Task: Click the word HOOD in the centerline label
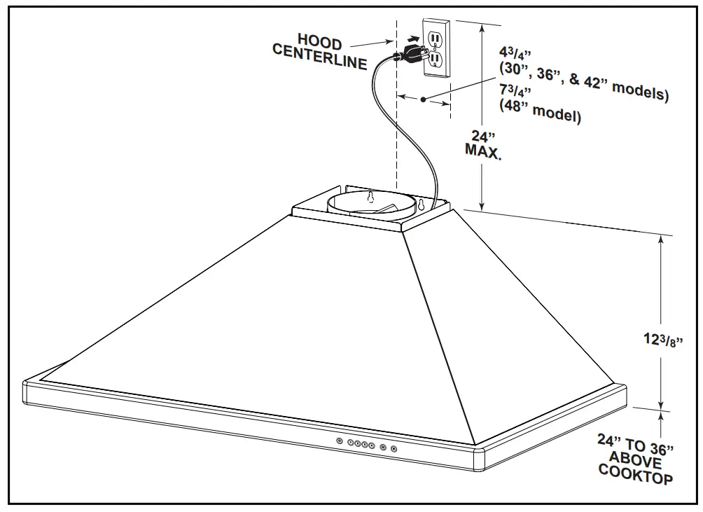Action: tap(320, 44)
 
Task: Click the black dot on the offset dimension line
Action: tap(424, 100)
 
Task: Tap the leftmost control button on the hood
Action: tap(340, 441)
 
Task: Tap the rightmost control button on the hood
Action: tap(394, 449)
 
